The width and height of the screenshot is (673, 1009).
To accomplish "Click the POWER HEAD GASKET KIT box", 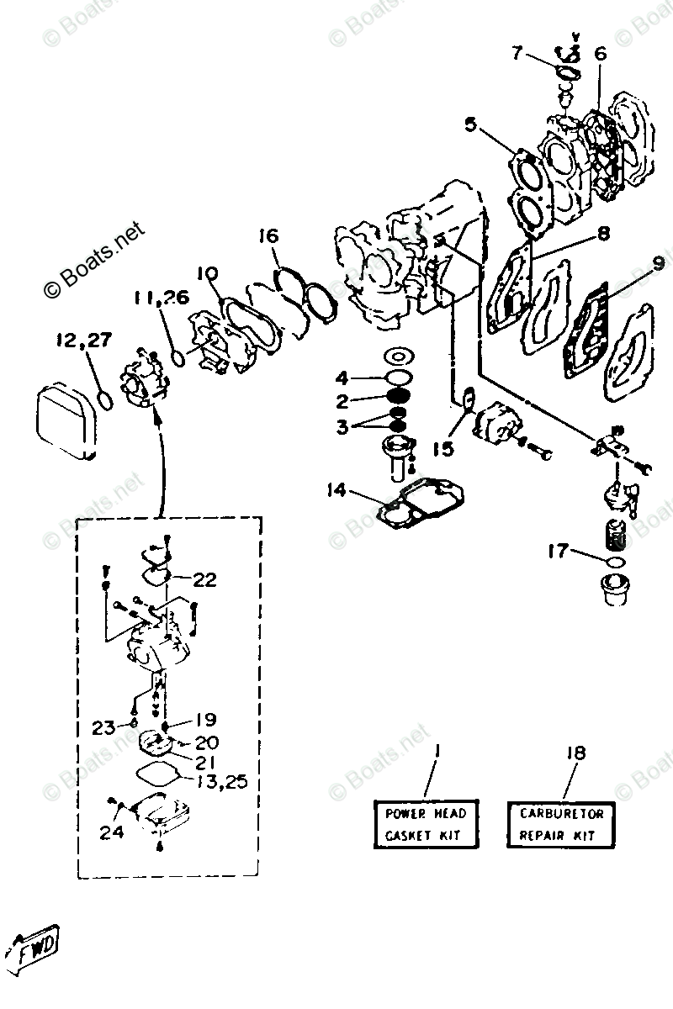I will point(425,824).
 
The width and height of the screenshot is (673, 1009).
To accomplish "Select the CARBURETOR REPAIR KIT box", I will point(561,824).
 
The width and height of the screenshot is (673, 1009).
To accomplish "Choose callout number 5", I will point(469,126).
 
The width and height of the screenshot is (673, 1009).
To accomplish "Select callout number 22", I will point(204,579).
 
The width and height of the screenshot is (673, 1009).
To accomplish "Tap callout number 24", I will point(112,832).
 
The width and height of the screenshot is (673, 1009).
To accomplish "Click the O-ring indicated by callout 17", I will point(616,561).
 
